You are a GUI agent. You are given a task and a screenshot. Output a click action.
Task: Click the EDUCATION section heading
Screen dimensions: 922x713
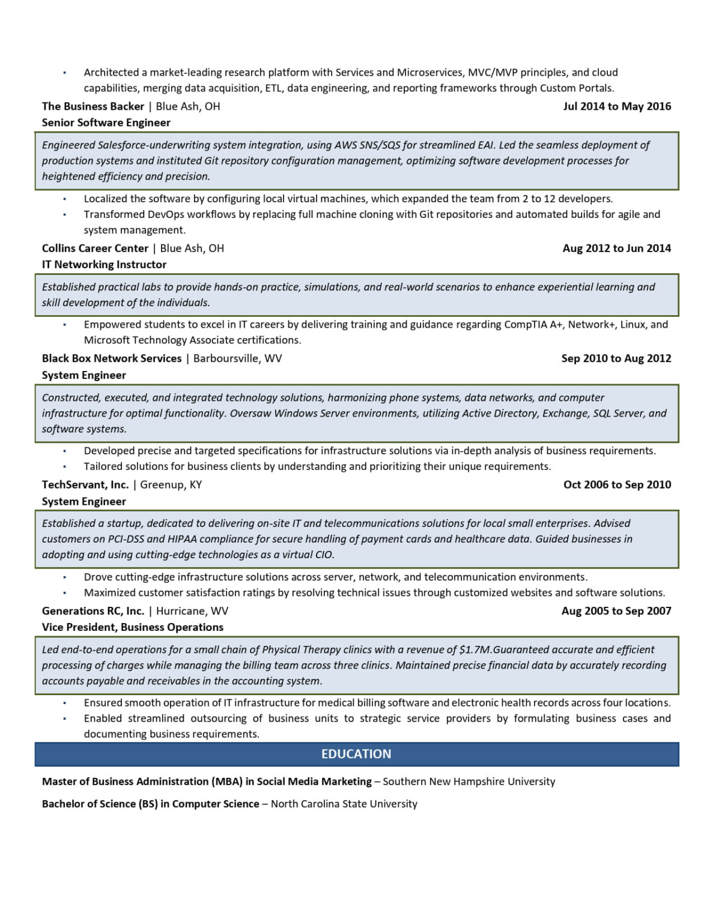[356, 754]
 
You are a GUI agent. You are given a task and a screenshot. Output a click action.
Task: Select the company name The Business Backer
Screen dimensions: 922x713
[93, 106]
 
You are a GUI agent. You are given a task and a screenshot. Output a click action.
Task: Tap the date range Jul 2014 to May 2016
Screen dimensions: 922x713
[617, 106]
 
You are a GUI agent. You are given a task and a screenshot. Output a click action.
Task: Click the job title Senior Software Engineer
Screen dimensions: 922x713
[106, 122]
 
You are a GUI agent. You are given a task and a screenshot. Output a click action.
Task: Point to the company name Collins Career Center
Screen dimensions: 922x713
[95, 248]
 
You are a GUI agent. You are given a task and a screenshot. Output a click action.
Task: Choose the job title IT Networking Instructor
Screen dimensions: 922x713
[104, 264]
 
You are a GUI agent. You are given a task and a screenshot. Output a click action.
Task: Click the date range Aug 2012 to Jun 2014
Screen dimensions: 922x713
[617, 248]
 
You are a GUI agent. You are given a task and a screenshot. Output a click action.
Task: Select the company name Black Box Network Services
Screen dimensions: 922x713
[112, 358]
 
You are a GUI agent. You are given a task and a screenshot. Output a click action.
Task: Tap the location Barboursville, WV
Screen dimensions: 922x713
[237, 358]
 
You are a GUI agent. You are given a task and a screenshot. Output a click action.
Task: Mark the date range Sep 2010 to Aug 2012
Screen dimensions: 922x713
[616, 358]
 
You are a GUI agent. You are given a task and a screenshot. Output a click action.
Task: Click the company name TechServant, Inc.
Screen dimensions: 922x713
[85, 484]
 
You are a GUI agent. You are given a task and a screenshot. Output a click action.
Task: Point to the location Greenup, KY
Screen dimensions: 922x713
[171, 484]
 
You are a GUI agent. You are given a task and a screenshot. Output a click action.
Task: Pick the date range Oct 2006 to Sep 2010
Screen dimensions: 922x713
[617, 484]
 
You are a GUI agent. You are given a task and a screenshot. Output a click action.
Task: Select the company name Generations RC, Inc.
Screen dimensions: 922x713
[93, 610]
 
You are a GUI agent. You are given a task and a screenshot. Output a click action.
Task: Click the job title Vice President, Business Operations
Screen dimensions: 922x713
[133, 627]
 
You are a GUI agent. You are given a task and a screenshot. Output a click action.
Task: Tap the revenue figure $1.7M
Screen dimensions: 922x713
[475, 649]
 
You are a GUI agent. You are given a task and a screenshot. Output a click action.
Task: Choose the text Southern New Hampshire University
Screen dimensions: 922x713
[469, 782]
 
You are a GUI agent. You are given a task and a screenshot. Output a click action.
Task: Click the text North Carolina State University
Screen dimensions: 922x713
[344, 804]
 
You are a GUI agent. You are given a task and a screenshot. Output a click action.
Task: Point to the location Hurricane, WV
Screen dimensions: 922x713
[192, 610]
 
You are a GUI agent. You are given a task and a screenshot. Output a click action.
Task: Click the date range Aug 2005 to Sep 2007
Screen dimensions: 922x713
[616, 610]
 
